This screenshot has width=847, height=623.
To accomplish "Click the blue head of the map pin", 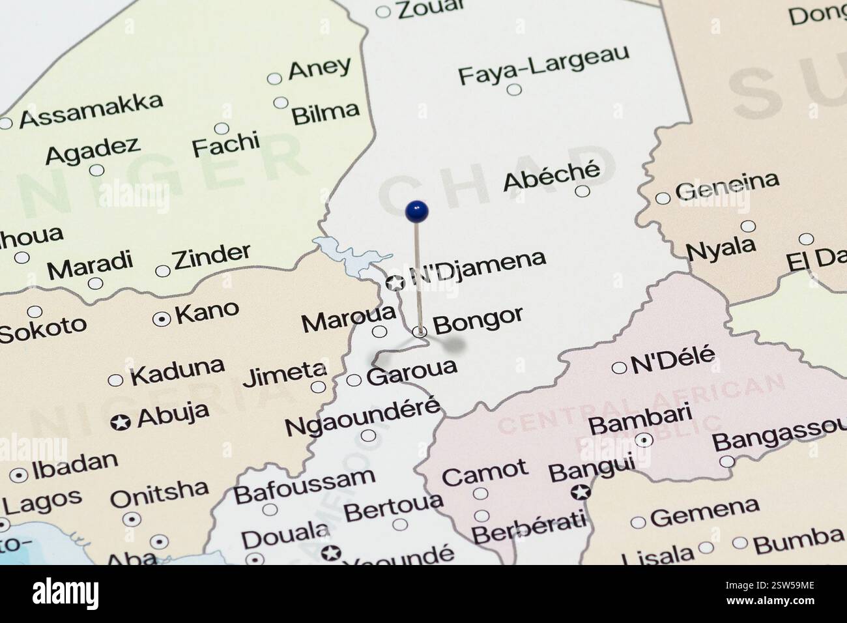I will [x=416, y=210].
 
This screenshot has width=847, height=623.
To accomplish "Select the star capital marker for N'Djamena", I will [x=395, y=283].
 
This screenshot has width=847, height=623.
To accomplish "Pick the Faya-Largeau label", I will [x=544, y=65].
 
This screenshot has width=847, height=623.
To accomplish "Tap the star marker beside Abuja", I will [x=120, y=422].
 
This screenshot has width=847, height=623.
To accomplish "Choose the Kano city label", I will [x=207, y=312].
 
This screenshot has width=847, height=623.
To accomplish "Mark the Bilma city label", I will [x=325, y=113].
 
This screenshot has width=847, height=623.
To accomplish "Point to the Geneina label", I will [x=726, y=186].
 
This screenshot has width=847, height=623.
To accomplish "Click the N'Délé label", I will [x=673, y=358].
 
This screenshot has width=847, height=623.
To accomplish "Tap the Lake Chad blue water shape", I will [x=342, y=255].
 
